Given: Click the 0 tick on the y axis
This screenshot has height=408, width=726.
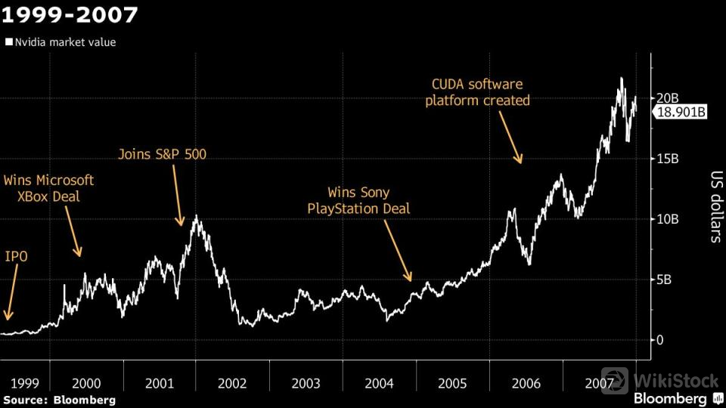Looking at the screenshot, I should click(660, 340).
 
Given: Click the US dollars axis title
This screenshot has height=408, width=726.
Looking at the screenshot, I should click(712, 205).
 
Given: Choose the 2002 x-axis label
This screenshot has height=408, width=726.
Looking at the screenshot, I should click(232, 384).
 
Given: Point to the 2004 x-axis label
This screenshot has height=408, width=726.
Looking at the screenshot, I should click(379, 384).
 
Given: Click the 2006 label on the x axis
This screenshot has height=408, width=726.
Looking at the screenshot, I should click(526, 384).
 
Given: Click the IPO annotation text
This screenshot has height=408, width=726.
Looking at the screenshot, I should click(17, 257).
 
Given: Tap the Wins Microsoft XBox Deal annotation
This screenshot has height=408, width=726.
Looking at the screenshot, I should click(48, 188).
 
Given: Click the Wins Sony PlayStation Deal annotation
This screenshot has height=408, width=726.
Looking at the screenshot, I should click(358, 200).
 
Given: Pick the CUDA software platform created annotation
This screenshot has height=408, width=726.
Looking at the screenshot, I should click(477, 92).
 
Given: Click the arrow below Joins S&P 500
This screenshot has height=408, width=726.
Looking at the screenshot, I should click(178, 195).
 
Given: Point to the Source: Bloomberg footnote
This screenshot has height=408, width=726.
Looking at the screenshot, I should click(60, 399).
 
